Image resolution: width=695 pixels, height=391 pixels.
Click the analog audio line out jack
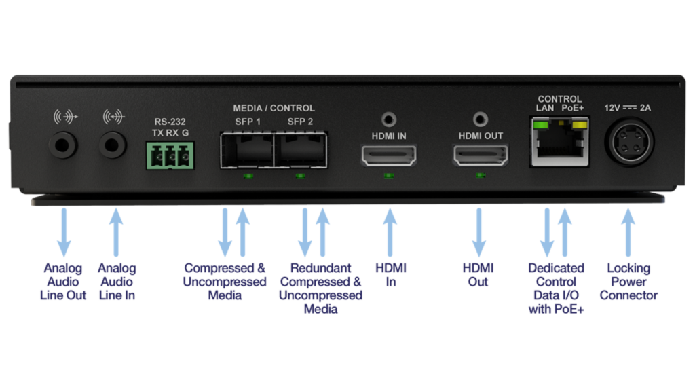pyautogui.click(x=63, y=145)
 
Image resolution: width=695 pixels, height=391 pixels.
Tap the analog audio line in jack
pyautogui.click(x=113, y=145)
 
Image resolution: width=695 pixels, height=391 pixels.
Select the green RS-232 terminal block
pyautogui.click(x=170, y=155)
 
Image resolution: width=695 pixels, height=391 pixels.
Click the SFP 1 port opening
pyautogui.click(x=247, y=150)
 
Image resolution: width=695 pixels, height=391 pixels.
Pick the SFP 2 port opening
pyautogui.click(x=301, y=150)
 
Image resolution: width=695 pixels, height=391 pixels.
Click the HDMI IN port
pyautogui.click(x=389, y=155)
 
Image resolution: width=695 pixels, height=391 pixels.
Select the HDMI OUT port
pyautogui.click(x=481, y=155)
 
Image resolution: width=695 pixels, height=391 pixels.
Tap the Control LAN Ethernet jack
pyautogui.click(x=559, y=142)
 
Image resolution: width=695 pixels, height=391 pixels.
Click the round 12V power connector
pyautogui.click(x=629, y=143)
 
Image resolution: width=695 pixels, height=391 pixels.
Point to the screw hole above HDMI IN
pyautogui.click(x=389, y=119)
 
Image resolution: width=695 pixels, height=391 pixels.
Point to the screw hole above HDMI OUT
pyautogui.click(x=481, y=119)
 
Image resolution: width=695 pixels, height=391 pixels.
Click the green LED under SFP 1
pyautogui.click(x=248, y=176)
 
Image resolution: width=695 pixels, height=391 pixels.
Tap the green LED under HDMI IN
pyautogui.click(x=389, y=176)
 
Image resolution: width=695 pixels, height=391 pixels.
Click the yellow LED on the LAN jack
pyautogui.click(x=579, y=125)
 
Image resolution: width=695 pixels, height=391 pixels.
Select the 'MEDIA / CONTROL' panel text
pyautogui.click(x=274, y=108)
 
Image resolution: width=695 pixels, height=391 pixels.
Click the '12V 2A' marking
pyautogui.click(x=628, y=108)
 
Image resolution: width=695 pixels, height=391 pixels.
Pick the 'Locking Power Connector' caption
pyautogui.click(x=628, y=282)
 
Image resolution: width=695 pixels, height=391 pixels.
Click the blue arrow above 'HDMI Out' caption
pyautogui.click(x=478, y=232)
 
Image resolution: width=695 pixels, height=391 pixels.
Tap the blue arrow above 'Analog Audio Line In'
pyautogui.click(x=116, y=232)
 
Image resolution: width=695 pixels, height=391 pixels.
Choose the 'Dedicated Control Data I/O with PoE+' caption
pyautogui.click(x=556, y=288)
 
